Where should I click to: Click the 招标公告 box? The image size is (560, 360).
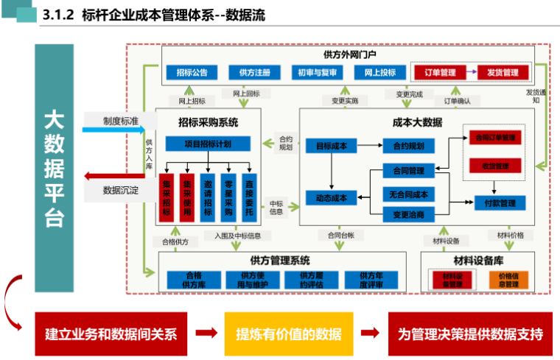[192, 72]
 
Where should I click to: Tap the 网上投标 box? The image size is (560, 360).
[379, 72]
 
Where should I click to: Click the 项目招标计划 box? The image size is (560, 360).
[208, 144]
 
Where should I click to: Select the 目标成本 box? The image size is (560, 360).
[332, 146]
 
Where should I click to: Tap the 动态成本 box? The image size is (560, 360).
[332, 197]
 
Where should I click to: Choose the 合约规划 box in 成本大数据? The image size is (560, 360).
[408, 146]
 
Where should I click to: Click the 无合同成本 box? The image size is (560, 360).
[408, 194]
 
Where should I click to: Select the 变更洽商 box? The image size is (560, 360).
[408, 214]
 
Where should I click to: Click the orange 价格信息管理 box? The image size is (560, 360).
[508, 280]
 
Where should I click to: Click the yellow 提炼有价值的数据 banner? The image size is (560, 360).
[289, 333]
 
